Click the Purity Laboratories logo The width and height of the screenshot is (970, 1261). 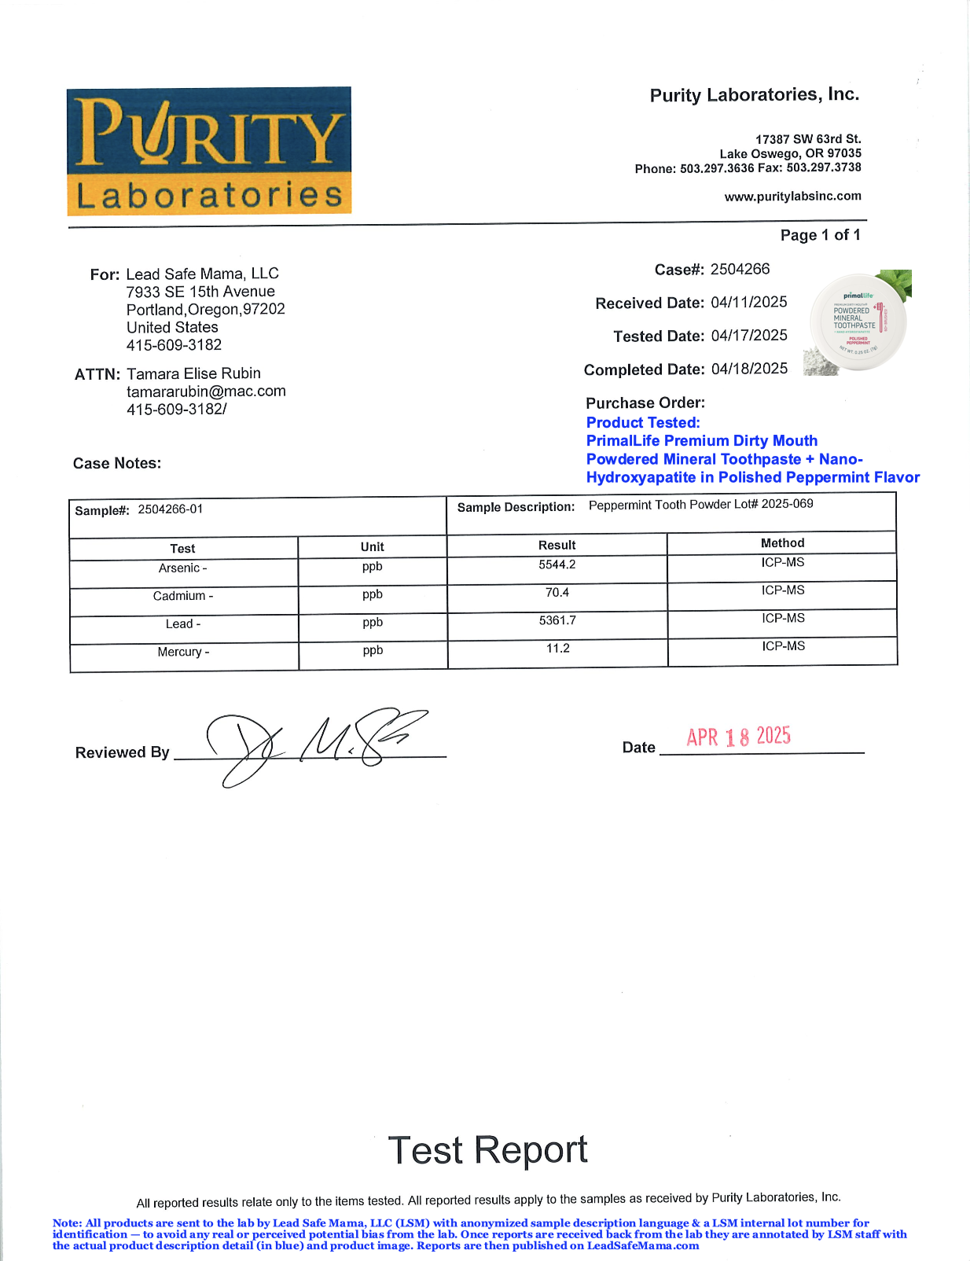point(209,151)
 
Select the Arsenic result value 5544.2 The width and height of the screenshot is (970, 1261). point(557,564)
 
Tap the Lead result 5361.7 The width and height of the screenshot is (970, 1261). point(557,620)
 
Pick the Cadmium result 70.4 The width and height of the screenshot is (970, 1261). point(557,593)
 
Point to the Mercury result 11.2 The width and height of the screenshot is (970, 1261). point(557,649)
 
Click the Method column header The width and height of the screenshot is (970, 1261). point(782,543)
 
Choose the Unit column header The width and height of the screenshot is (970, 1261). point(372,547)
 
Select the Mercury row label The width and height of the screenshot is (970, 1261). point(182,652)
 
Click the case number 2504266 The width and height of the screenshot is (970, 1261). point(740,270)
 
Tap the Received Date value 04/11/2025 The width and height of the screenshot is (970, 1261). point(748,303)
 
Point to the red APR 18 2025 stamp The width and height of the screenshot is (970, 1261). point(738,737)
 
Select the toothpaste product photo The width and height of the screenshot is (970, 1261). point(858,323)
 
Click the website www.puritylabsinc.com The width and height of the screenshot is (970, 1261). point(792,197)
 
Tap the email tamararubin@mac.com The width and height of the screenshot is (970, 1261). point(206,392)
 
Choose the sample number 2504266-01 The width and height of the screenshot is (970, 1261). point(170,509)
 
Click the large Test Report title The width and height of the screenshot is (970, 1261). point(487,1150)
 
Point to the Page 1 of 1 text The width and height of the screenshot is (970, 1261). point(820,235)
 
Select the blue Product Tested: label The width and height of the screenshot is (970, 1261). point(642,423)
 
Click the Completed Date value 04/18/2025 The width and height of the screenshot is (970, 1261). point(748,369)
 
